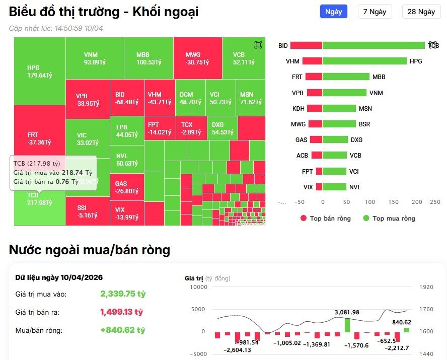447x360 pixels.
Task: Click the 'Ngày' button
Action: (x=333, y=12)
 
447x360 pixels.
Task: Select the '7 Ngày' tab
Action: (x=375, y=12)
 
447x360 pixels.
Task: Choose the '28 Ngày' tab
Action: (x=421, y=12)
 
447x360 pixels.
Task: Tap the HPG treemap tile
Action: (x=39, y=71)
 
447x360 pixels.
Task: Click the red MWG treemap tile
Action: (x=197, y=58)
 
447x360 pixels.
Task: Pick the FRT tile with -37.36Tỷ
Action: (x=39, y=138)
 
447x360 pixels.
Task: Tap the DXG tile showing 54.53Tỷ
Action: (x=222, y=128)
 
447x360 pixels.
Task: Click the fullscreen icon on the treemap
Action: (x=258, y=45)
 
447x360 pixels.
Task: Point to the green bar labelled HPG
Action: (x=364, y=61)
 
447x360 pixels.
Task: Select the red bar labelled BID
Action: (x=306, y=45)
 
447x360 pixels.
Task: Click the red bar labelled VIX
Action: (x=319, y=187)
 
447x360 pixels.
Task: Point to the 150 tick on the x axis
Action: (x=394, y=202)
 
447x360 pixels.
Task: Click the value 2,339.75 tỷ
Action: (x=122, y=294)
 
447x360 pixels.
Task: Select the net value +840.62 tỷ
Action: (x=122, y=330)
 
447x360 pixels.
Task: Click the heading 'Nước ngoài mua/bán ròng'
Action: (x=90, y=250)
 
